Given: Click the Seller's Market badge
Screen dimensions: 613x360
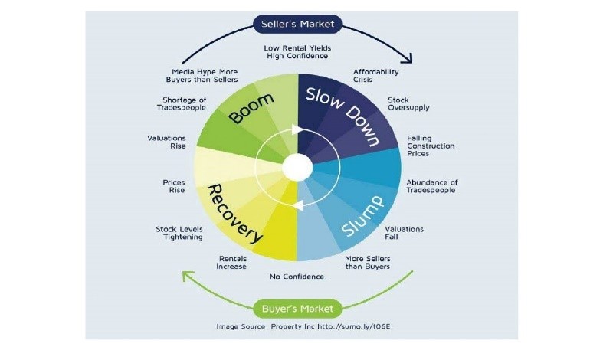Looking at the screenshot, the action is (x=297, y=24).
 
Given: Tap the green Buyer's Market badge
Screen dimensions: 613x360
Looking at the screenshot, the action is (x=297, y=309).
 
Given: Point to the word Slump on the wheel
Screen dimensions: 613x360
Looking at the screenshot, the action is (x=362, y=216).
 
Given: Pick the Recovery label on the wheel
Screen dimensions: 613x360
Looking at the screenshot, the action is (x=234, y=214).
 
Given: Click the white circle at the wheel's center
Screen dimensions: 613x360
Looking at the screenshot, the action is (x=297, y=167).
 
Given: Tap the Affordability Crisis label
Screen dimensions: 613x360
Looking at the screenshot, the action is (x=375, y=76).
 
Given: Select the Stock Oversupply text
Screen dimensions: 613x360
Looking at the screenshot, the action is (x=408, y=103).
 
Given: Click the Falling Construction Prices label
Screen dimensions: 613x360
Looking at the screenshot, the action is (x=431, y=146).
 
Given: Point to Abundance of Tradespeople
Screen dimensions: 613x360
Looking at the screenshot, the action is (x=431, y=186).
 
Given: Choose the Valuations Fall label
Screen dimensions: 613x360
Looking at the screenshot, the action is (x=404, y=233).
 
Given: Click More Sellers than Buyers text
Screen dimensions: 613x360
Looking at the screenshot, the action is (x=368, y=263).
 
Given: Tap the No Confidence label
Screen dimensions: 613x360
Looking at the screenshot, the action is (x=297, y=277).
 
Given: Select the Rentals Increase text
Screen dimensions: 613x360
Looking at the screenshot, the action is (x=231, y=263).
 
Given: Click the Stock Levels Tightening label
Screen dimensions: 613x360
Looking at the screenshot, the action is (x=179, y=233).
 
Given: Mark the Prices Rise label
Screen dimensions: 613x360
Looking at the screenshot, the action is (x=174, y=186).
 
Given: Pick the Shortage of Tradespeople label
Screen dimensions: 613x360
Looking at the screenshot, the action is (x=182, y=103).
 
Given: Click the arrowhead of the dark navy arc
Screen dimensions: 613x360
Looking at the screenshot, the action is (x=408, y=59).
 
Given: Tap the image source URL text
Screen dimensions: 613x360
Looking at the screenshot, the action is (x=353, y=326).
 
